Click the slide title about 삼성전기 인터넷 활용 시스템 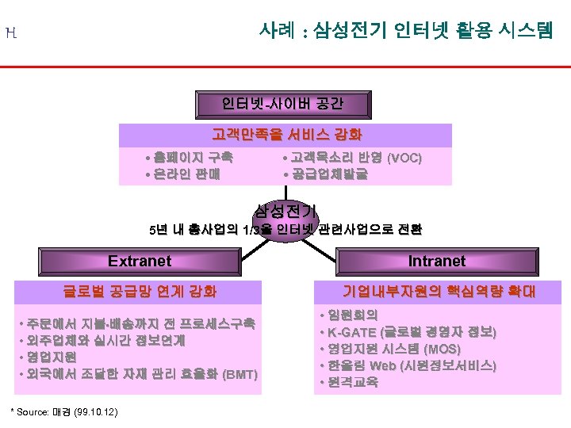(x=406, y=31)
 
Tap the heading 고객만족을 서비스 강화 (x=286, y=134)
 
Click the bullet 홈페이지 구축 (x=188, y=158)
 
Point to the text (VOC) (x=404, y=158)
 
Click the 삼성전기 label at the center (x=285, y=210)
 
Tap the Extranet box (x=140, y=261)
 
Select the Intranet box (x=436, y=261)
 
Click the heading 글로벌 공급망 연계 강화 (x=140, y=291)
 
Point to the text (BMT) (x=241, y=373)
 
